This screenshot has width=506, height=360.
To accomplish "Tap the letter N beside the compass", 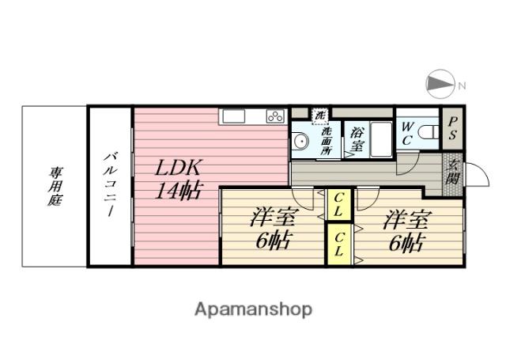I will [461, 85].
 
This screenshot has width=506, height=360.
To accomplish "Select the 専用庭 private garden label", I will [55, 187].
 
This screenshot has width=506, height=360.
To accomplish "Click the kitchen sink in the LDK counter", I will [234, 117].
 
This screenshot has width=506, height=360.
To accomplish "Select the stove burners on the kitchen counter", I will [274, 117].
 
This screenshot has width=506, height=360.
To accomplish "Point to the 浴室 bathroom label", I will [357, 140].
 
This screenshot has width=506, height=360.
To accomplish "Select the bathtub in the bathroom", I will [382, 139].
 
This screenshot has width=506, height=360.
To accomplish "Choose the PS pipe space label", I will [453, 128].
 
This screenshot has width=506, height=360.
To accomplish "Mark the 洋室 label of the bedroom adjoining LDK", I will [271, 216].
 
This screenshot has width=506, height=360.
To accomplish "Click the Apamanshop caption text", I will [253, 309].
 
